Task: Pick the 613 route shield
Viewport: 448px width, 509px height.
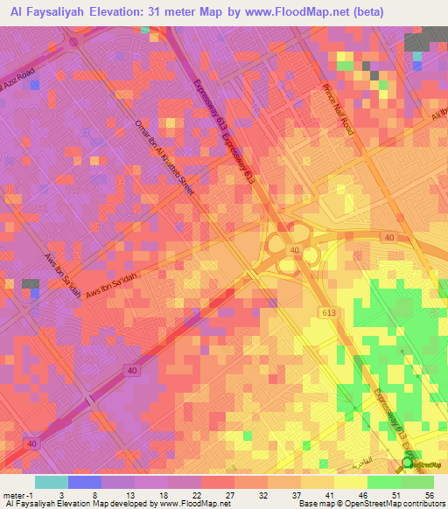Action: pyautogui.click(x=328, y=312)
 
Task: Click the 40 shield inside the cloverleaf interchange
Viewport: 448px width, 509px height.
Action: pyautogui.click(x=294, y=250)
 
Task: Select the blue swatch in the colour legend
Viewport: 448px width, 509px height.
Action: pyautogui.click(x=85, y=482)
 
